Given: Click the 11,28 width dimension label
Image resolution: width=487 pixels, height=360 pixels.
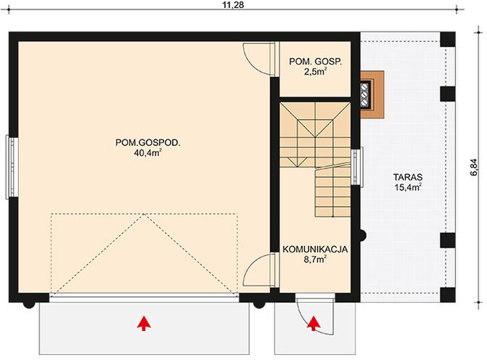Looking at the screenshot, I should click(x=234, y=7).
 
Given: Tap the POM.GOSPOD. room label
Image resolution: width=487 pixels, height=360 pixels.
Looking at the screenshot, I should click(x=147, y=142).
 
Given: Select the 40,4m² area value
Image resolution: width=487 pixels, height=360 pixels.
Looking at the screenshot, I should click(x=147, y=153).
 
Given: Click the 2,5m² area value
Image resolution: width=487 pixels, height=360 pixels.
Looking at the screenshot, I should click(x=315, y=72).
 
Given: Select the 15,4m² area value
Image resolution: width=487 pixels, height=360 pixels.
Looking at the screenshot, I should click(x=409, y=187).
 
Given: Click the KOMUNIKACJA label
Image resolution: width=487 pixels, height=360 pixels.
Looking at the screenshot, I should click(x=316, y=248).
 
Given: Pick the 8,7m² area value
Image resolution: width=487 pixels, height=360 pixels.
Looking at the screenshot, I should click(x=316, y=259).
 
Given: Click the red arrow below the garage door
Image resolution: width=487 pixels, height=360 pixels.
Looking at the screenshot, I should click(x=144, y=323).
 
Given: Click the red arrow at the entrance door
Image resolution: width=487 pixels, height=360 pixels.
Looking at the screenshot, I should click(x=313, y=324).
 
